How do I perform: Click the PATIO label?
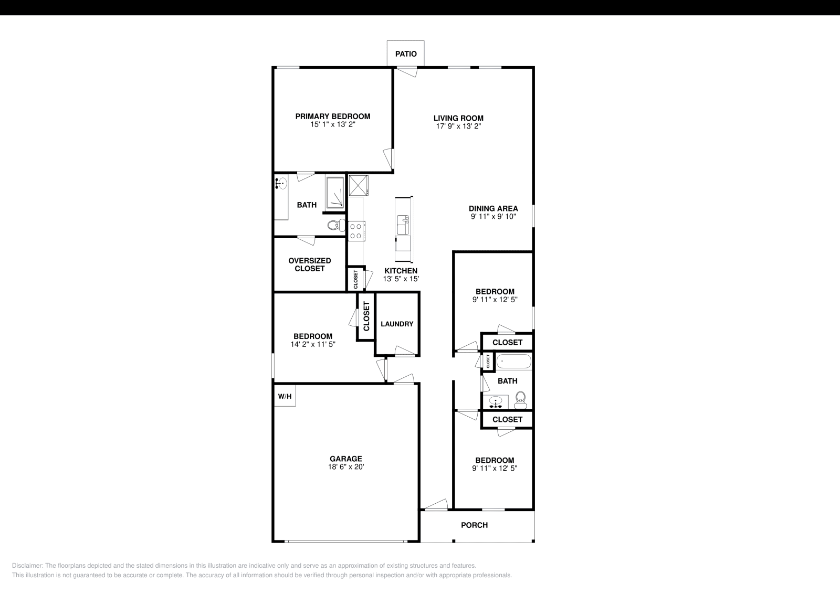[x=406, y=54]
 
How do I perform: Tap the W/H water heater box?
[x=285, y=396]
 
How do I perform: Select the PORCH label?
[x=475, y=525]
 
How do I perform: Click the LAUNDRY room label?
[x=397, y=324]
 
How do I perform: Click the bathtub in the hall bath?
[x=514, y=362]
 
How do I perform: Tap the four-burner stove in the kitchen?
[x=356, y=231]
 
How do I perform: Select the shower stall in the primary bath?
[x=335, y=193]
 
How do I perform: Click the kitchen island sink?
[x=403, y=225]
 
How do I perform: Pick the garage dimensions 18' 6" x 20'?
[x=346, y=467]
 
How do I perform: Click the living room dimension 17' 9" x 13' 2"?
[x=458, y=126]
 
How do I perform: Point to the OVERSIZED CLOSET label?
[x=309, y=264]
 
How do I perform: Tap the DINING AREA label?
[x=493, y=208]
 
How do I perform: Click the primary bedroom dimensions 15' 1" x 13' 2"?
[x=333, y=124]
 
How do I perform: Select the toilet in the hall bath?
[x=520, y=400]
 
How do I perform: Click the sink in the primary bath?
[x=281, y=184]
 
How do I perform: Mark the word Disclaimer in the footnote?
[x=27, y=566]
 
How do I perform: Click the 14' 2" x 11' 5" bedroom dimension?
[x=313, y=344]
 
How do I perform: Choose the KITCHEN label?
[x=401, y=271]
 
